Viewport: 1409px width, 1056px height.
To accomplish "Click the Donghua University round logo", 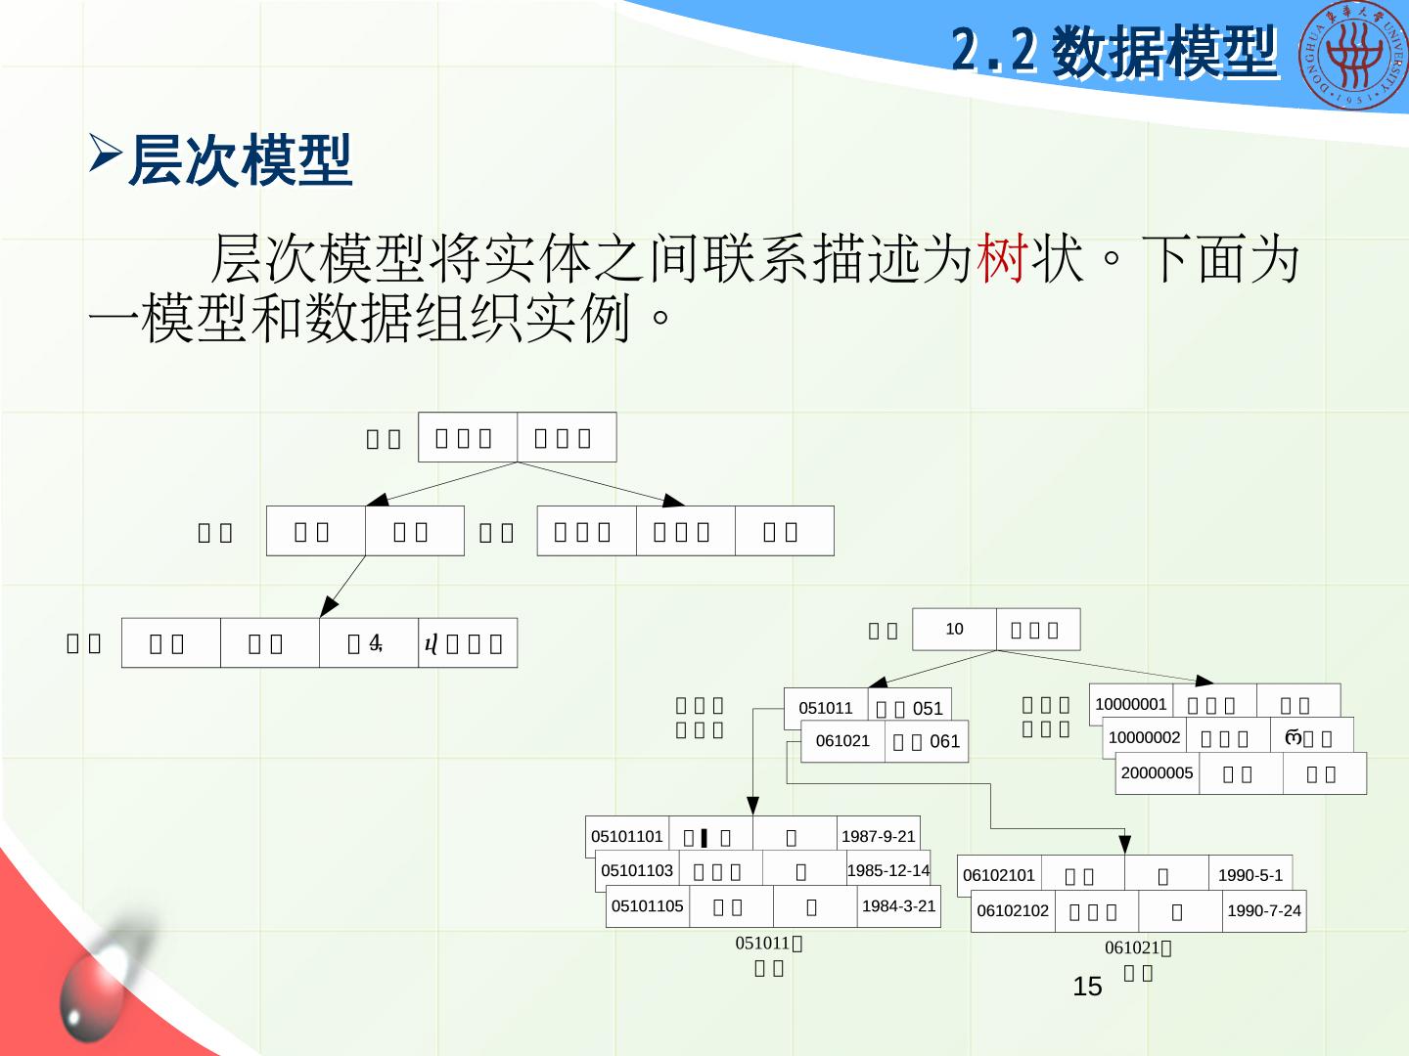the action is [x=1354, y=55].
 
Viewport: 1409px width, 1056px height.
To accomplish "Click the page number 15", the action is [x=1087, y=987].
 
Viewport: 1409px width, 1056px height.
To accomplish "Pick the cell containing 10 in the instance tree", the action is [x=954, y=629].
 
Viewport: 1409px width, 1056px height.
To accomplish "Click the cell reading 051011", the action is [x=826, y=708].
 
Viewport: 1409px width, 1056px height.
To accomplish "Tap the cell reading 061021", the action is [x=842, y=741].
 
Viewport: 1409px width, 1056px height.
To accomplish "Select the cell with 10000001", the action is [x=1130, y=704].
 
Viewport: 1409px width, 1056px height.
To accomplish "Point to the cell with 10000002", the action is [x=1144, y=737].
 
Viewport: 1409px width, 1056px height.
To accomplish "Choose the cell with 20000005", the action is [x=1157, y=772].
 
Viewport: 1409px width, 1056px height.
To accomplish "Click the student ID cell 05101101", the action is [x=627, y=836].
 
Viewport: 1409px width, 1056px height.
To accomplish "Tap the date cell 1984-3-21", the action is [x=898, y=905].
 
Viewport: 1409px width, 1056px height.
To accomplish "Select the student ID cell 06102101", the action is [x=999, y=875].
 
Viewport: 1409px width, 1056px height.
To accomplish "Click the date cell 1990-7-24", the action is [x=1264, y=910].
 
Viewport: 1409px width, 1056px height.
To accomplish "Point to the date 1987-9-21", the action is [x=879, y=836].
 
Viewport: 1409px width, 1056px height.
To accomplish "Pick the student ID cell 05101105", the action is [x=648, y=905].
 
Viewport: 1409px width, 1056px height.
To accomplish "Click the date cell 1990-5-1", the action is [x=1250, y=875].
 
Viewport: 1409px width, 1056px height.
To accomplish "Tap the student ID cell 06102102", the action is [x=1013, y=910].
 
